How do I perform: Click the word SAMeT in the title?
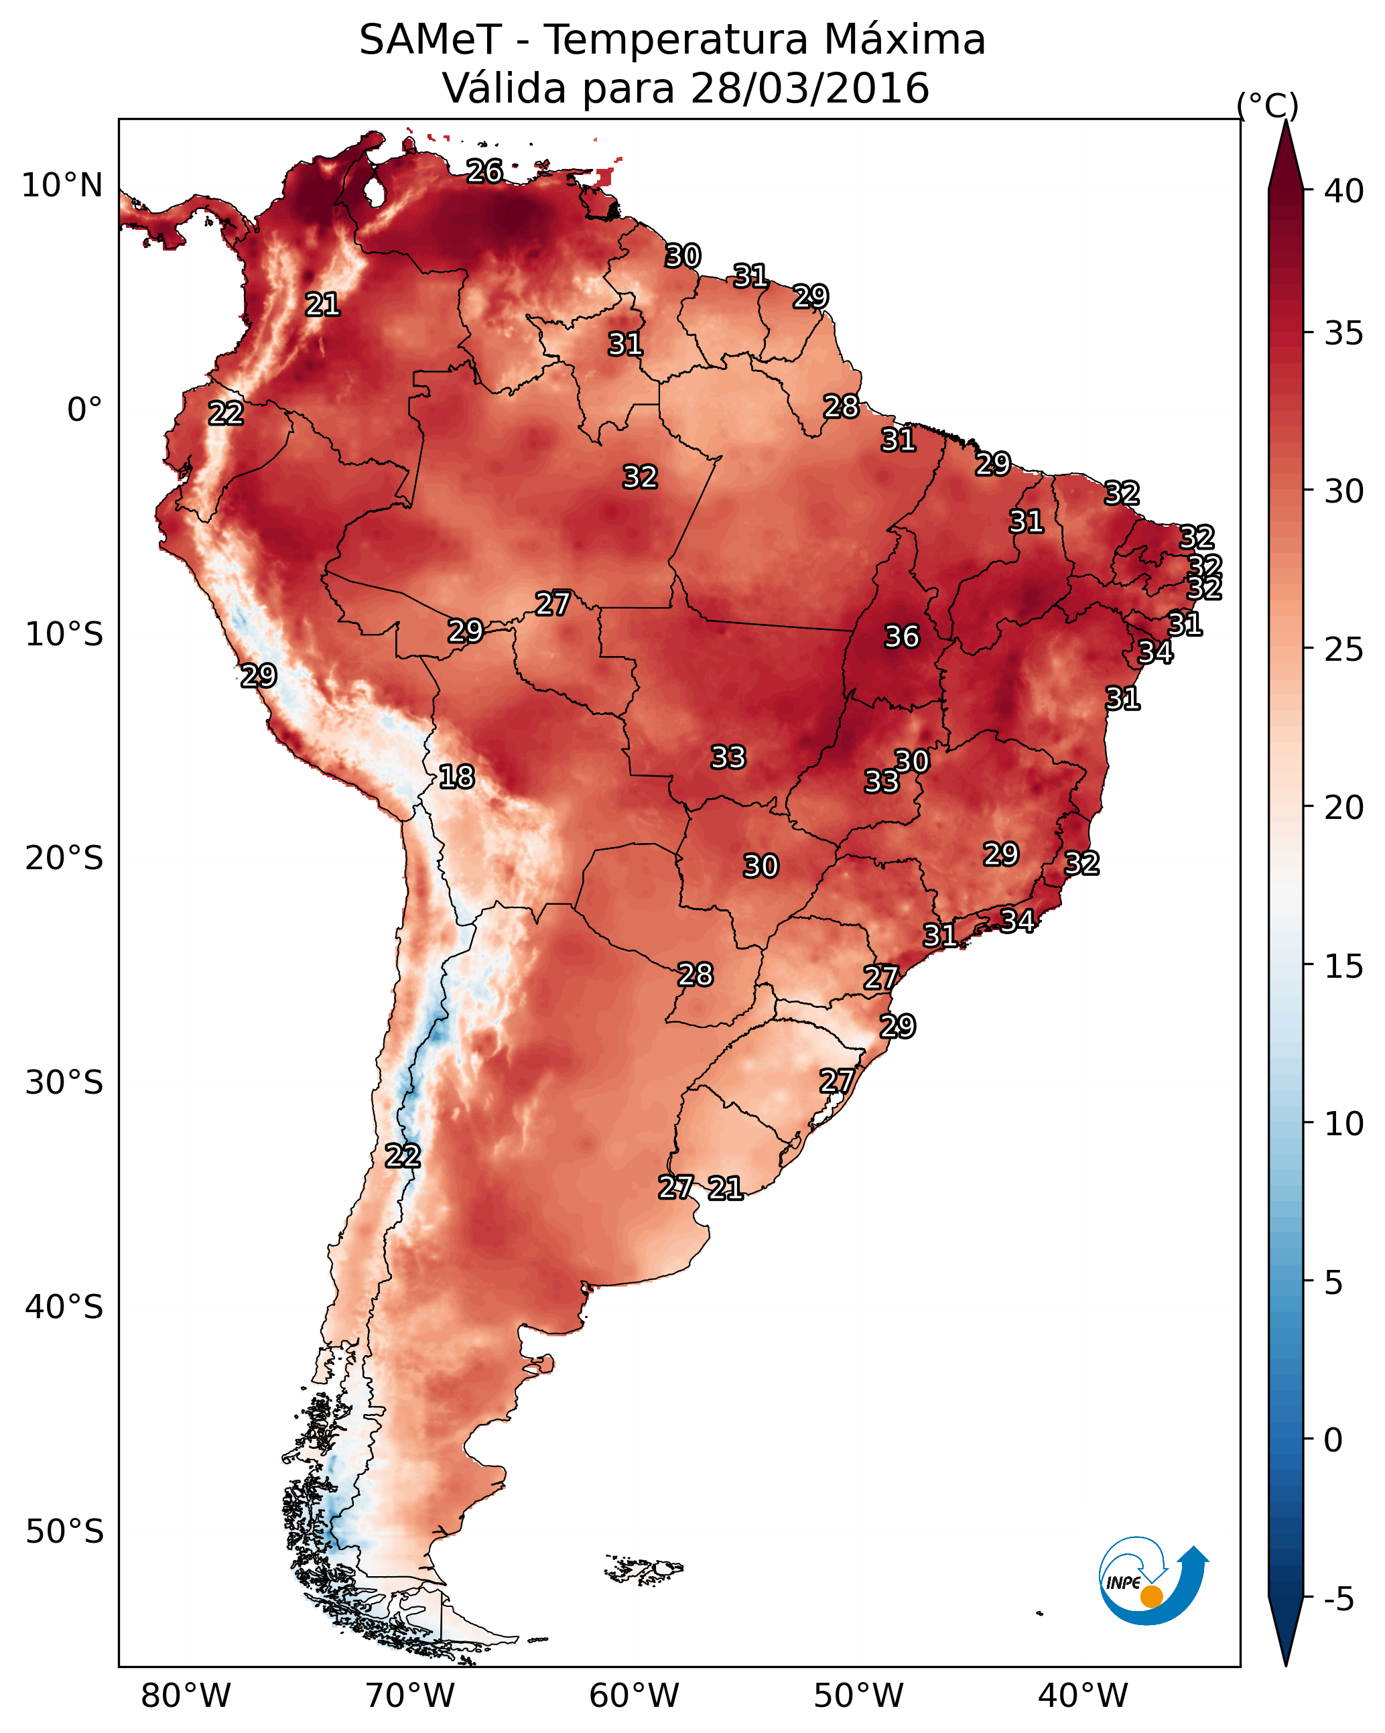click(x=431, y=40)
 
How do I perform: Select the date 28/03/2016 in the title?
click(x=809, y=88)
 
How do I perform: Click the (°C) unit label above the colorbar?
click(x=1268, y=105)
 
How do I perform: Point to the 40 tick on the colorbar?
click(x=1344, y=191)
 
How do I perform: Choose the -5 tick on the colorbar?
click(x=1339, y=1599)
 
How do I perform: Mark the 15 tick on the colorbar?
click(x=1344, y=966)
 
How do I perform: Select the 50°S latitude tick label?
click(x=64, y=1532)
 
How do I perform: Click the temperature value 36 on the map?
click(x=902, y=637)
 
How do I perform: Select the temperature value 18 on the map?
click(x=456, y=777)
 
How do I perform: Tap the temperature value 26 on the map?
click(x=484, y=171)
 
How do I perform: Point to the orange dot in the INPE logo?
click(x=1151, y=1596)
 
